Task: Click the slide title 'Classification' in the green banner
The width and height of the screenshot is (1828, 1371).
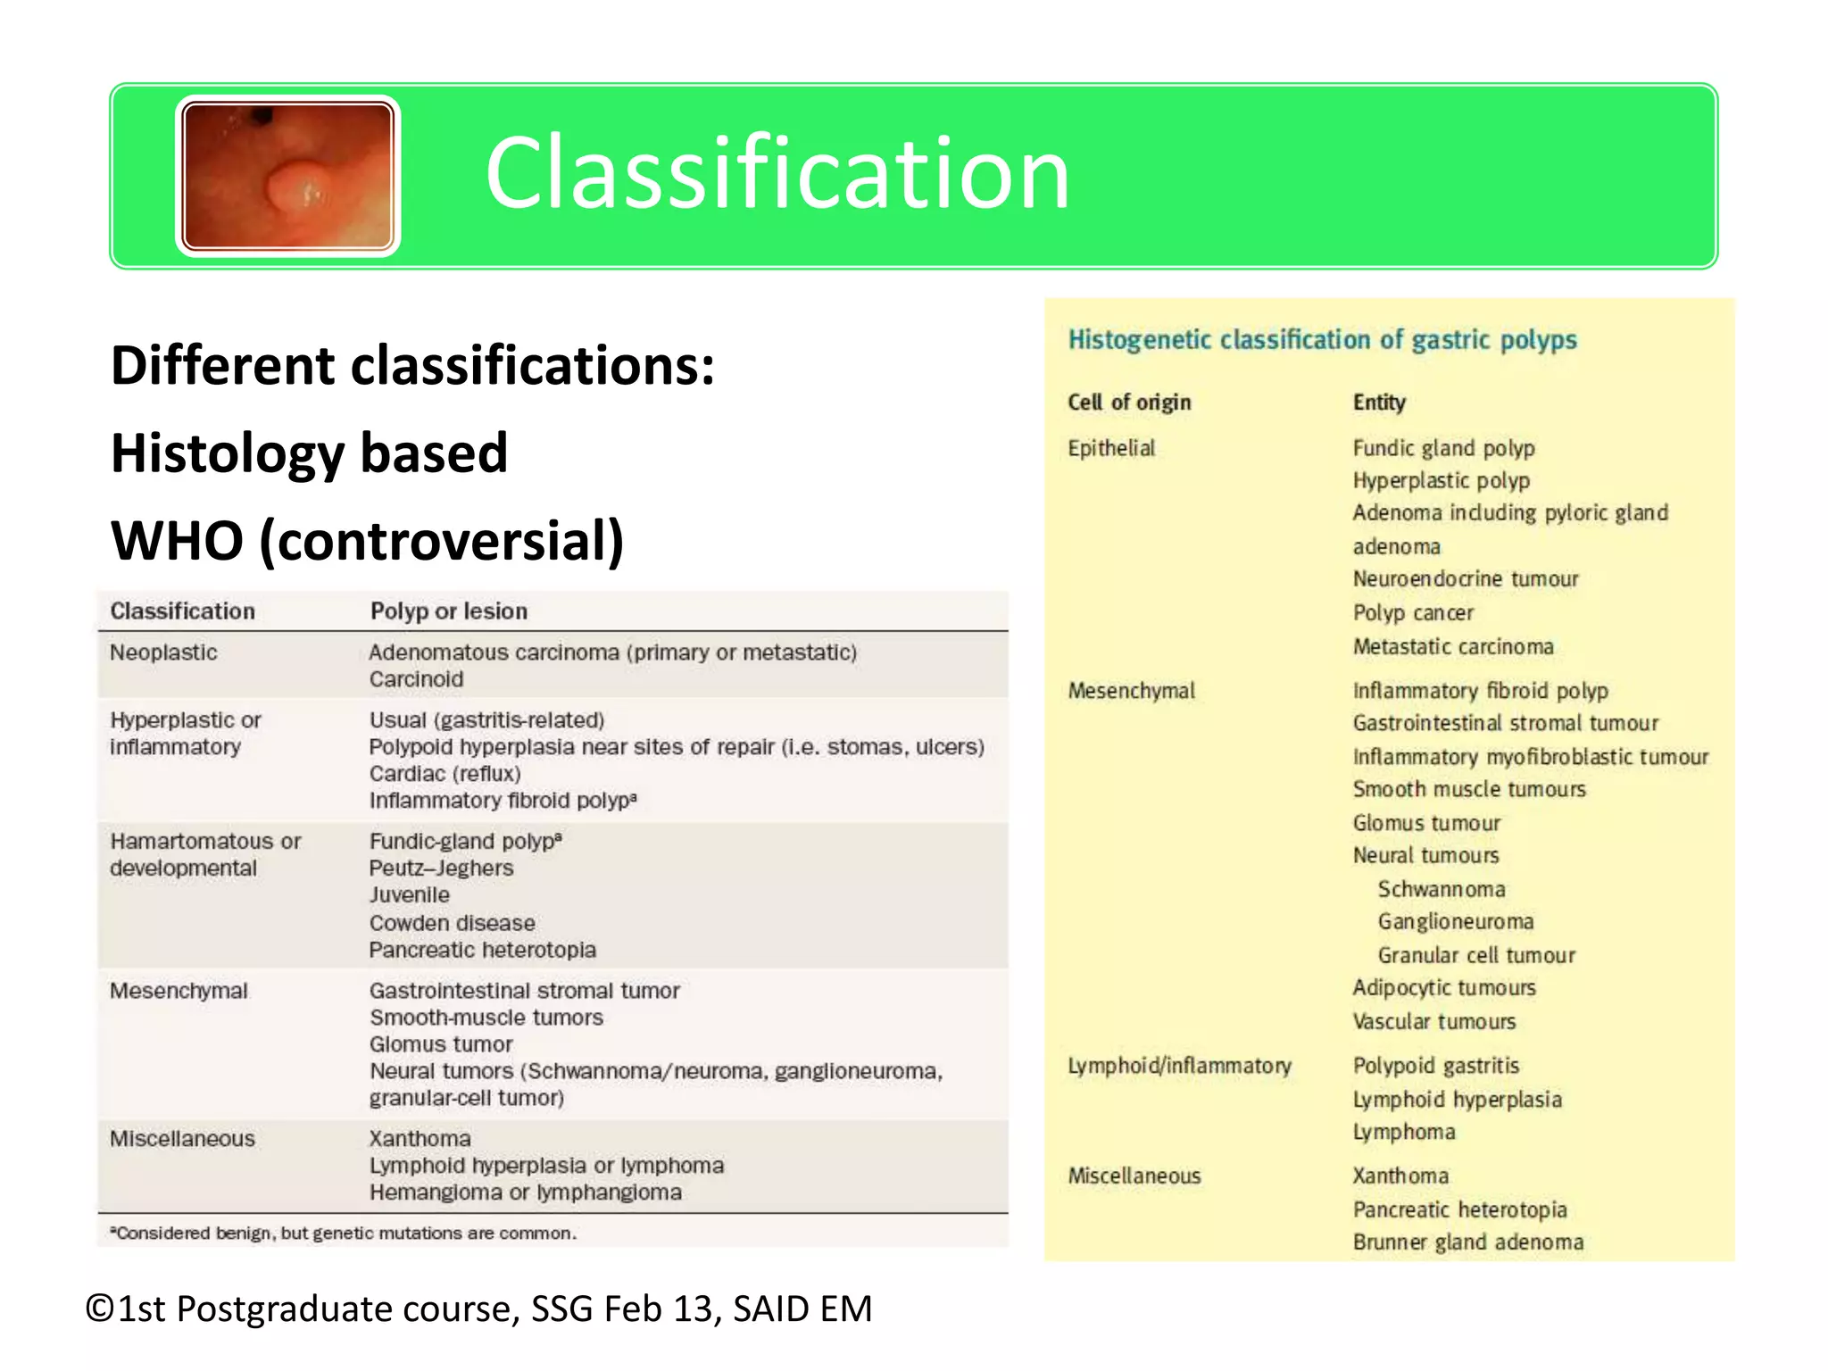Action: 777,173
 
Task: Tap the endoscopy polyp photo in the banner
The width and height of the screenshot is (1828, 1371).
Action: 287,176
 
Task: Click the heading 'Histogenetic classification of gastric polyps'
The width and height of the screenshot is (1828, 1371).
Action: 1322,340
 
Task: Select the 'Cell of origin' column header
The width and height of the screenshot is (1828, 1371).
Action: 1129,403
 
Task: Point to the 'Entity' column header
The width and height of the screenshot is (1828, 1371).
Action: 1379,403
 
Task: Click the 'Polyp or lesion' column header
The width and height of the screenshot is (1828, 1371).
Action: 448,611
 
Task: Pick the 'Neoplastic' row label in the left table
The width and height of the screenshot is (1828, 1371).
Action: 163,652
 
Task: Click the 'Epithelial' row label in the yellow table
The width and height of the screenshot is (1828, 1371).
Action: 1111,448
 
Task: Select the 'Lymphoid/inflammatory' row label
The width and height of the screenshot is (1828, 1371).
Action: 1179,1066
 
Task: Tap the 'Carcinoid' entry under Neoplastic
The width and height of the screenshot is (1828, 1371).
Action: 416,679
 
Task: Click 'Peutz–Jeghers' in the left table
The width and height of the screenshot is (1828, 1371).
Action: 441,868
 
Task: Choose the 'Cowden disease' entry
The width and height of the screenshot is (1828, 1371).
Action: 452,923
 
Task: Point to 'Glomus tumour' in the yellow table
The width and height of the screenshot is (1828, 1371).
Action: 1426,823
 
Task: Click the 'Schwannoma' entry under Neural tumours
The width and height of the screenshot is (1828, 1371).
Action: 1442,889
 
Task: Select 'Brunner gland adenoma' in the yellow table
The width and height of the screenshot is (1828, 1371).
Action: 1468,1242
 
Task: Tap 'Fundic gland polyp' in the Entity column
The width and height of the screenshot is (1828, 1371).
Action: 1443,448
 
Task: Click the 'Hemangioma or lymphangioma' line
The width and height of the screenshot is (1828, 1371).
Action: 525,1192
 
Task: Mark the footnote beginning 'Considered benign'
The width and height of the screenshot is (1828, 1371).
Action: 344,1234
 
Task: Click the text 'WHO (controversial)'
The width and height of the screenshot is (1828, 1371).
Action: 367,541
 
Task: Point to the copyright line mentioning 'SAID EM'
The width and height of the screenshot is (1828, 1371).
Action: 478,1309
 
